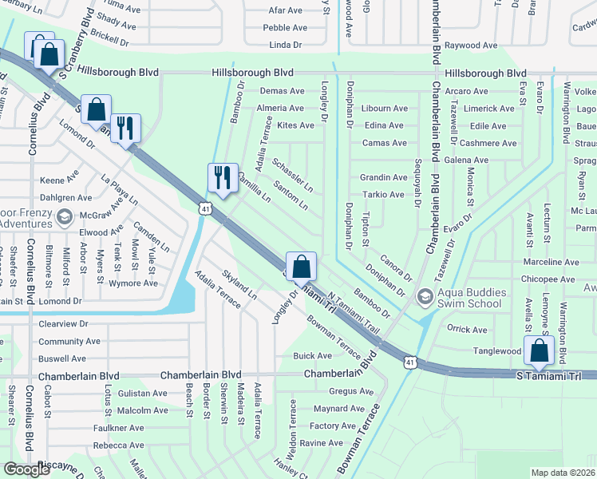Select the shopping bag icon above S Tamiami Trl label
click(540, 350)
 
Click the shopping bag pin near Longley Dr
click(302, 266)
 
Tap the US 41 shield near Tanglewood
click(409, 362)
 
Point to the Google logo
click(26, 469)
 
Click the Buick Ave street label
click(313, 356)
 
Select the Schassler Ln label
click(292, 174)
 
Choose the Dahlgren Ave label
click(65, 197)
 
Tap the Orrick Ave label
click(467, 330)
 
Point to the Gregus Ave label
click(351, 392)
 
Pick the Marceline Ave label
click(551, 262)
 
